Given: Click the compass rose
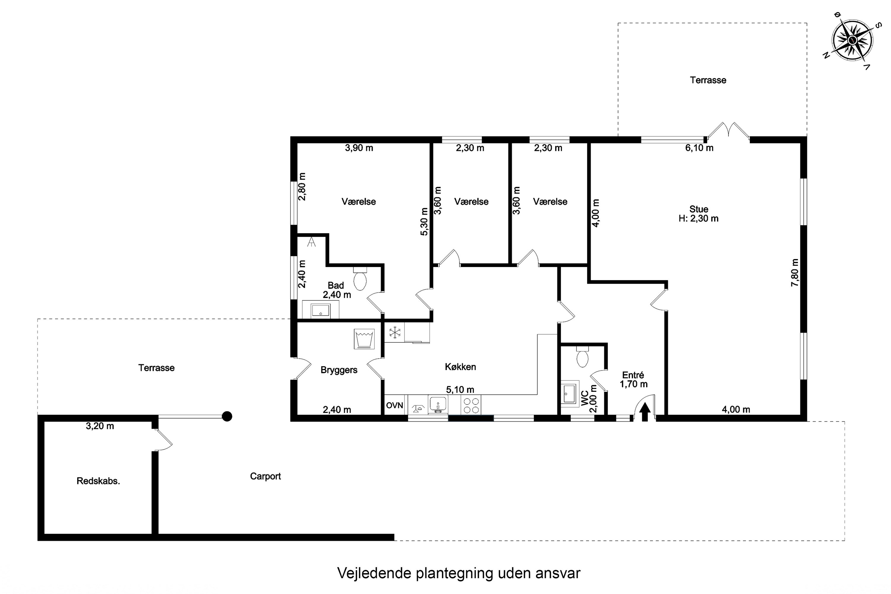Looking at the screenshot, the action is [852, 40].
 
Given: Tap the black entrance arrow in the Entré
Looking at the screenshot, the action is [645, 412].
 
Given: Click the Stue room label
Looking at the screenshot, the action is [699, 209].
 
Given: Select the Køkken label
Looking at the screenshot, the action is [460, 367].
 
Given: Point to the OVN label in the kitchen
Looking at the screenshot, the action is [394, 405].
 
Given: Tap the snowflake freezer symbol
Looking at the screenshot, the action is [395, 333].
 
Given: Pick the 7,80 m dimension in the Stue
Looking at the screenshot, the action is [795, 273].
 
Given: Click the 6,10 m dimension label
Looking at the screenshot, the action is [699, 148].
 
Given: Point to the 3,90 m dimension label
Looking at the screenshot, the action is [359, 148].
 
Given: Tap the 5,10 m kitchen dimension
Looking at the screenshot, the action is [460, 389].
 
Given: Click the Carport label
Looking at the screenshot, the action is [265, 476].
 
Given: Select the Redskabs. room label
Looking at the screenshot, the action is [98, 481].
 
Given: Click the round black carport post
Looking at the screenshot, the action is [227, 417].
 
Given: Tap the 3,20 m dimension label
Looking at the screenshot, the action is [99, 426].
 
